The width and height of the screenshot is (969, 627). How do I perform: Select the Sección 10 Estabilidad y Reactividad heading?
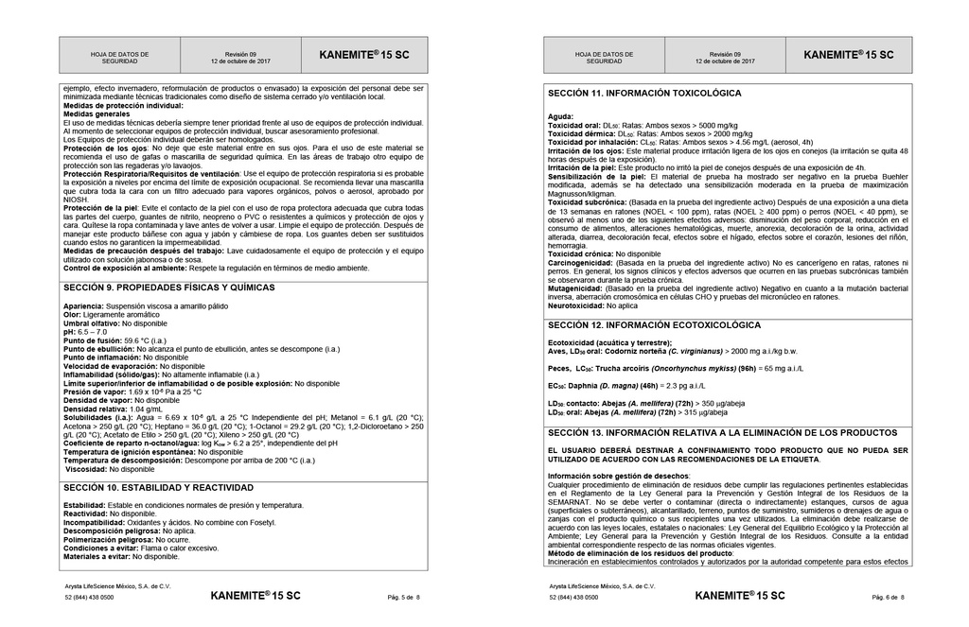pyautogui.click(x=158, y=488)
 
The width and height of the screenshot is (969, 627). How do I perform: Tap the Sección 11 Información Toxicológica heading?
pyautogui.click(x=644, y=94)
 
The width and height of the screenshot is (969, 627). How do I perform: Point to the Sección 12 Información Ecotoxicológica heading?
pyautogui.click(x=654, y=325)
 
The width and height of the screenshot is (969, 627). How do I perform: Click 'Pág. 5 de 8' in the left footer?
pyautogui.click(x=404, y=598)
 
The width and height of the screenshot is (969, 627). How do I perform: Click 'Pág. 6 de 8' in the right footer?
pyautogui.click(x=888, y=598)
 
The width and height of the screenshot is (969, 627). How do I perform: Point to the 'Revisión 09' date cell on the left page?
pyautogui.click(x=240, y=58)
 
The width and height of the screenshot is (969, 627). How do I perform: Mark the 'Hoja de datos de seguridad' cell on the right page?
pyautogui.click(x=604, y=58)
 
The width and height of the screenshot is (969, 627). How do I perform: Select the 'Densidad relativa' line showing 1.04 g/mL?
pyautogui.click(x=113, y=409)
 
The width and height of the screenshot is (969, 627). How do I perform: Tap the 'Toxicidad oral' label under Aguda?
pyautogui.click(x=573, y=125)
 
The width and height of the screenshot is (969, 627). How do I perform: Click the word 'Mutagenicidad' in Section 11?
pyautogui.click(x=577, y=288)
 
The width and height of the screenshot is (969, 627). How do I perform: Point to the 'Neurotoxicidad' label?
pyautogui.click(x=578, y=305)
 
